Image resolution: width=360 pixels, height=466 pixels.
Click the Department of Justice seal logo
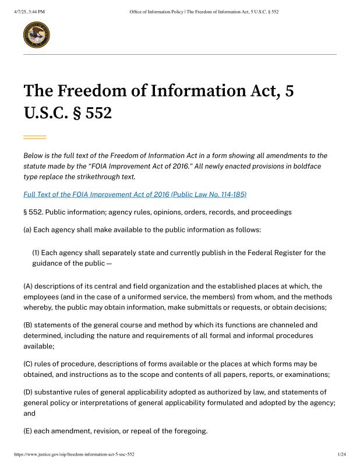pyautogui.click(x=36, y=35)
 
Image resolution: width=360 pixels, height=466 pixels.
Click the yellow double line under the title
pyautogui.click(x=34, y=137)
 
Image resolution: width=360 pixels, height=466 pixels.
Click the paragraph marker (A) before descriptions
pyautogui.click(x=28, y=286)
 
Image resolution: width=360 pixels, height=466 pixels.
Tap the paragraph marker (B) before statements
pyautogui.click(x=28, y=324)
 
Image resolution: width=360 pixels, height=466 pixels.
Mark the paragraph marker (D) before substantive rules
pyautogui.click(x=28, y=392)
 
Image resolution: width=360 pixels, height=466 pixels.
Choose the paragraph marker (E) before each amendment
pyautogui.click(x=27, y=431)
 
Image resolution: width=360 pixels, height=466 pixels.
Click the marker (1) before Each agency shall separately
pyautogui.click(x=36, y=253)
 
